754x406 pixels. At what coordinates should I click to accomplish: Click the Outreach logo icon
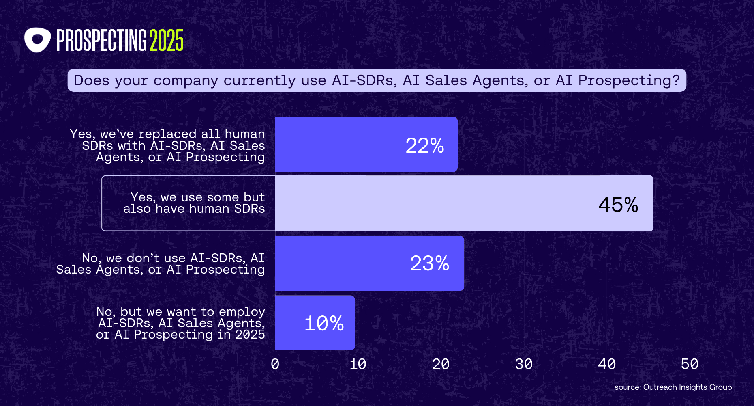click(x=37, y=40)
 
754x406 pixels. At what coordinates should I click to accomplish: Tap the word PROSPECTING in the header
click(x=101, y=40)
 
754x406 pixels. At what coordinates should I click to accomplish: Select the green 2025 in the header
click(x=167, y=40)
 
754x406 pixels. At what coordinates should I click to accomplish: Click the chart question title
click(x=377, y=80)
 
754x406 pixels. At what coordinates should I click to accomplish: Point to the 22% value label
click(x=425, y=145)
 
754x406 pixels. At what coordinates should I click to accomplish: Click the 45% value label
click(x=618, y=204)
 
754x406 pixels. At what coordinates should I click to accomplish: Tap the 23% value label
click(x=430, y=263)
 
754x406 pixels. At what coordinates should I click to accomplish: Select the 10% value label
click(x=324, y=324)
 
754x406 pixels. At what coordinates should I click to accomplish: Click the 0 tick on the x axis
click(x=275, y=364)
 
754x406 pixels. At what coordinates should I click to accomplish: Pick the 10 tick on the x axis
click(x=358, y=364)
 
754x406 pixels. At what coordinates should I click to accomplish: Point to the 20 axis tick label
click(x=441, y=364)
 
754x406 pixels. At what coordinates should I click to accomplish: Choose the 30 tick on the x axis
click(x=524, y=364)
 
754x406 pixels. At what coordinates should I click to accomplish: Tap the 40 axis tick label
click(x=607, y=364)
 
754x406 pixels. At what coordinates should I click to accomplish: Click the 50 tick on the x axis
click(x=690, y=364)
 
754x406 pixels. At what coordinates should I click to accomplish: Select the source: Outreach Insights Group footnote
click(x=673, y=387)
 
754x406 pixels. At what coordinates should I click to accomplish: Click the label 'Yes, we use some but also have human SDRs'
click(x=194, y=203)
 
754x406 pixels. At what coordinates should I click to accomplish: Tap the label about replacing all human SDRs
click(x=167, y=145)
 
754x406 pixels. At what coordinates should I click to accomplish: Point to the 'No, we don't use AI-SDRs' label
click(x=161, y=263)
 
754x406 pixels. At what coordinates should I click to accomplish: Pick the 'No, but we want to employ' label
click(x=180, y=323)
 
